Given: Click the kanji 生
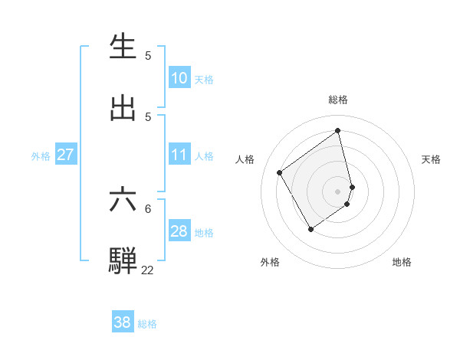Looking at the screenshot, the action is [123, 47].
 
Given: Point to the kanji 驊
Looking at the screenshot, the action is [123, 260].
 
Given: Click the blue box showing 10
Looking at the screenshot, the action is [179, 78].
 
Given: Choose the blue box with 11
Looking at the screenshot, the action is [179, 155].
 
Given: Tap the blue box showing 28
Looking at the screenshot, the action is [179, 231].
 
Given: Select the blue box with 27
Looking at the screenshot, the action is [66, 155].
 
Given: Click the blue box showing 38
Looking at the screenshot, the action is [123, 322].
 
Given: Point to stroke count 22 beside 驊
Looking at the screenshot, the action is [147, 270].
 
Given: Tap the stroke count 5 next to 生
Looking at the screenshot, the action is [148, 55].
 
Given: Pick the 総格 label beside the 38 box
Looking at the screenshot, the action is [147, 324].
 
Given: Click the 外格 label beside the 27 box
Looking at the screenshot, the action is [41, 155].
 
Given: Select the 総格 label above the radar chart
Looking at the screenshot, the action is [338, 100].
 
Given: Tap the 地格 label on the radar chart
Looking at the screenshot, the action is [402, 262].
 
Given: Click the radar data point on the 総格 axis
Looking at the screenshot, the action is [338, 130].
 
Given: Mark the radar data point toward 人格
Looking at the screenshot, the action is [280, 172].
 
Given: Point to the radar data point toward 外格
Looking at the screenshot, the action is [310, 229].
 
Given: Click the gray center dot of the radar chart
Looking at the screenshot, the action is [338, 191].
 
